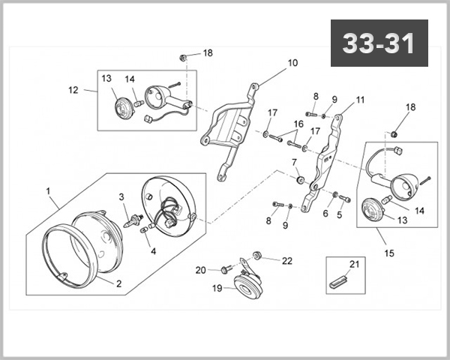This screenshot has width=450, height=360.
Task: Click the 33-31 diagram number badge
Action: coord(379,43)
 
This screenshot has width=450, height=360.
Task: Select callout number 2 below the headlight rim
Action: coord(118,283)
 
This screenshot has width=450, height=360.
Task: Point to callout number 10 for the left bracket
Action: coord(292,63)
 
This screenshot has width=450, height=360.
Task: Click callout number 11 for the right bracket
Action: coord(360,99)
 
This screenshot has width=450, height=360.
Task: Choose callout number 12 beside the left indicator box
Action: coord(73,90)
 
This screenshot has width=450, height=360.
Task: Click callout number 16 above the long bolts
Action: coord(298,124)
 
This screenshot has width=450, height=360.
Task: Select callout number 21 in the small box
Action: coord(355,263)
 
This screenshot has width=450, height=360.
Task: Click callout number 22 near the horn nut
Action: coord(287,260)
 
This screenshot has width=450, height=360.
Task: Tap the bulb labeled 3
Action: coord(136,219)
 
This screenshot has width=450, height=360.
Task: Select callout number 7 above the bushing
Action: coord(294,162)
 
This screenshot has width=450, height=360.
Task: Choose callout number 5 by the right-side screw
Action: coord(339,214)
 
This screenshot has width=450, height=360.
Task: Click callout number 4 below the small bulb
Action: coord(153,251)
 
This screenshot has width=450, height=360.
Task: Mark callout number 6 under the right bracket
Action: coord(325,213)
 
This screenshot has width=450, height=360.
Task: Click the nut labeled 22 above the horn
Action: coord(259,253)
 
